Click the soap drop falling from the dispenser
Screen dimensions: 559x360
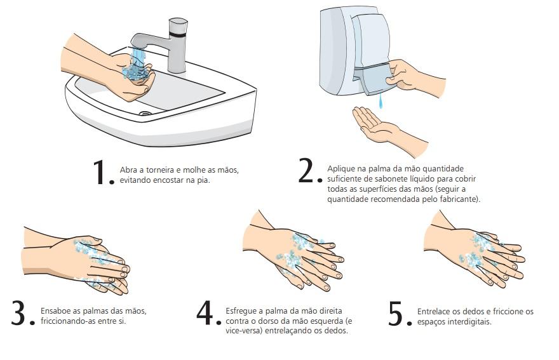click(381, 101)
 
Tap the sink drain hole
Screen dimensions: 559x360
click(145, 114)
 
